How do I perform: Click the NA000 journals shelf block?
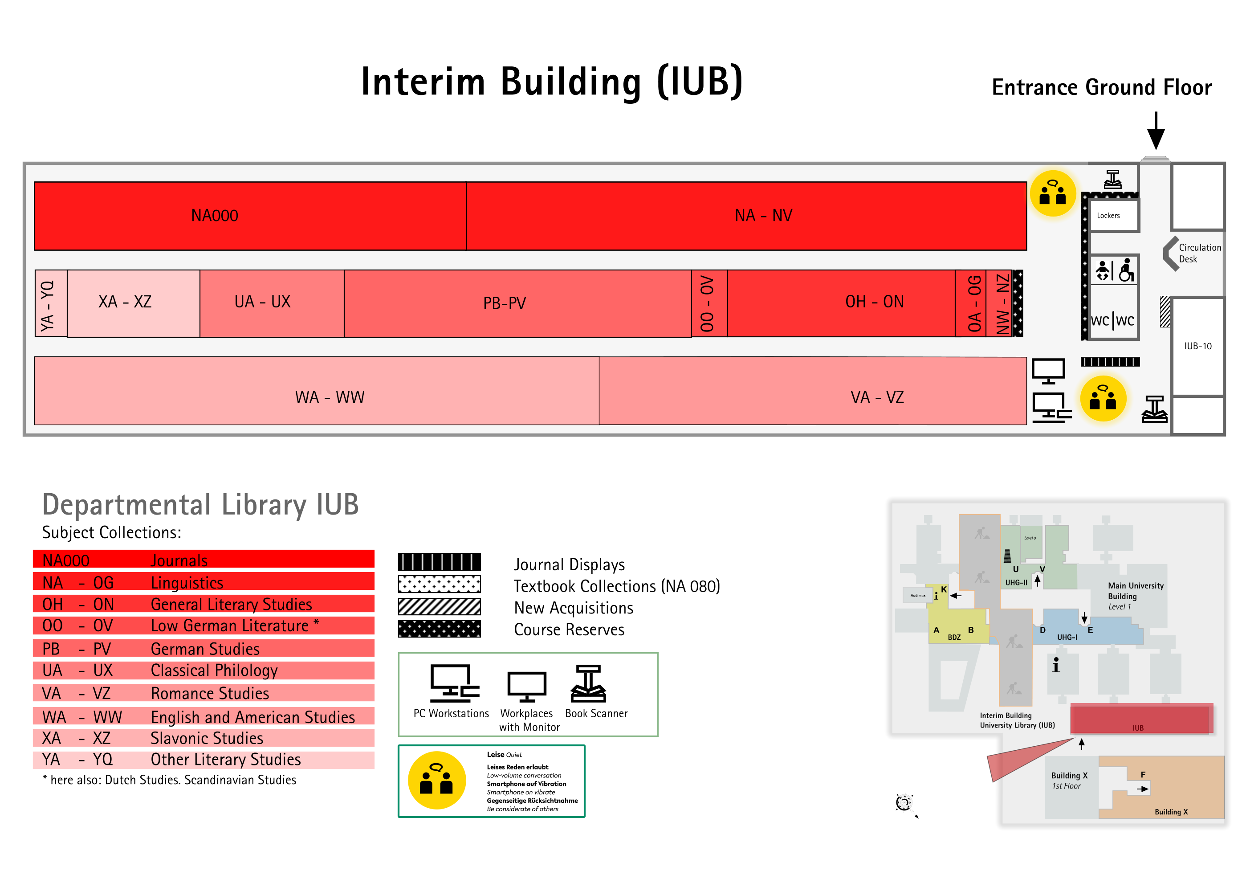click(250, 216)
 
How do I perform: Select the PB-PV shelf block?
click(518, 303)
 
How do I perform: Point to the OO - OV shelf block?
click(709, 303)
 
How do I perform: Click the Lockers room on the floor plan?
click(1114, 216)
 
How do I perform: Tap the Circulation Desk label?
click(1200, 253)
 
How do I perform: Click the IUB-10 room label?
click(1198, 346)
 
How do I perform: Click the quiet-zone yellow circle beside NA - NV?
click(1053, 193)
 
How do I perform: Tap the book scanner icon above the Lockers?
click(1112, 180)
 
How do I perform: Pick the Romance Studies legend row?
click(204, 693)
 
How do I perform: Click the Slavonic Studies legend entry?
click(204, 738)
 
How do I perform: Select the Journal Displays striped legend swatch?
click(439, 561)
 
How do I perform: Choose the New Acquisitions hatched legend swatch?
click(439, 606)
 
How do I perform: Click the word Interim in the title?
click(423, 82)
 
